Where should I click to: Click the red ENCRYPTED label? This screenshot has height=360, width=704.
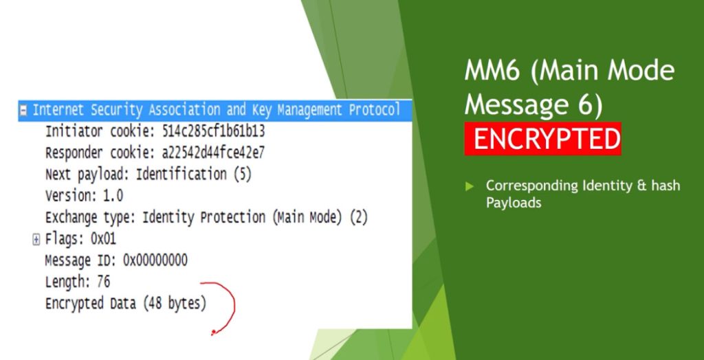coord(542,139)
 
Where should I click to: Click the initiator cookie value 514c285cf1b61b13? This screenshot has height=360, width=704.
coord(213,131)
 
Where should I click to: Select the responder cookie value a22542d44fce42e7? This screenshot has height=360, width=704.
coord(213,153)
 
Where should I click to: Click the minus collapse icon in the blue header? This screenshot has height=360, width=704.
coord(23,111)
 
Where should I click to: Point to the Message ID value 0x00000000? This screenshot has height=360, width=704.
coord(155,260)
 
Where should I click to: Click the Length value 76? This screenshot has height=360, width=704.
coord(104,282)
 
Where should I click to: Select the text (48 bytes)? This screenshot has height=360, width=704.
coord(175,304)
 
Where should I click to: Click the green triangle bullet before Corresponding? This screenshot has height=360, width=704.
coord(469,185)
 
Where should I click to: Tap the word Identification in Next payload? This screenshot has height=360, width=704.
coord(181,175)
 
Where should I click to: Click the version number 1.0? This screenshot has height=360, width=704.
coord(113,196)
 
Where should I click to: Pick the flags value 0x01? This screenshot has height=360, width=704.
coord(103,239)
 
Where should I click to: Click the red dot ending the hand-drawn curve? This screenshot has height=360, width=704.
coord(213,333)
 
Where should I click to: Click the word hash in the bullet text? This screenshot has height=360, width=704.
coord(665,185)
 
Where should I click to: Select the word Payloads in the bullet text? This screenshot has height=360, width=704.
coord(514,203)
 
